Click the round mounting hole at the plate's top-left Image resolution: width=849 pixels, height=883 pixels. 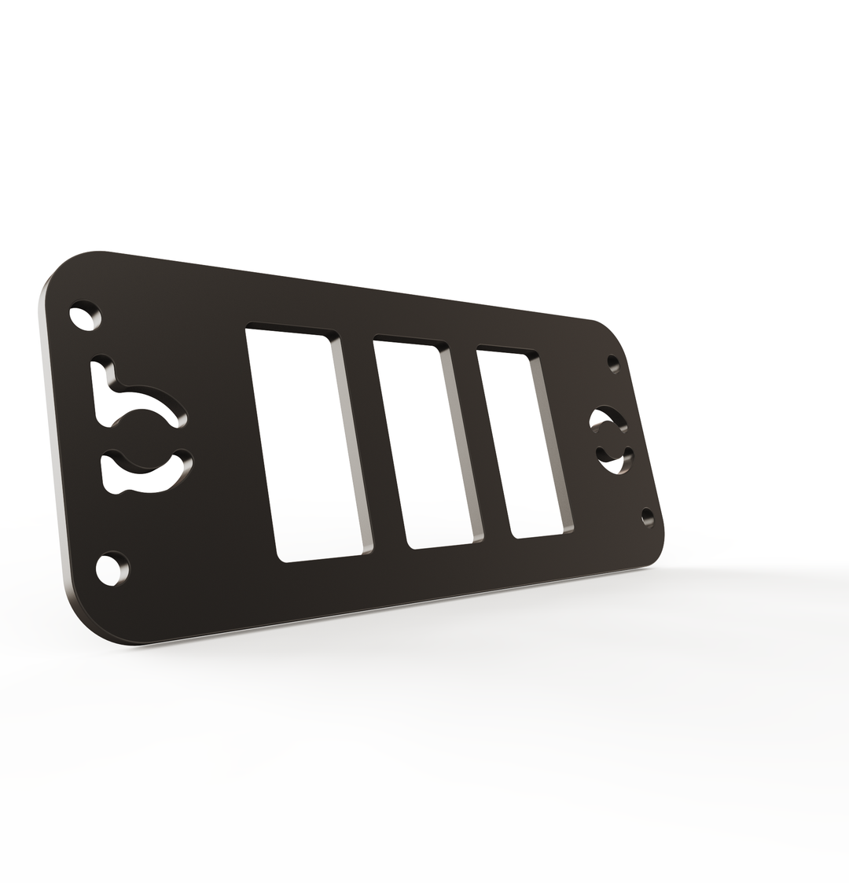click(x=85, y=315)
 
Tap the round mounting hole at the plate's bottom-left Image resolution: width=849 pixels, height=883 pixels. click(x=112, y=568)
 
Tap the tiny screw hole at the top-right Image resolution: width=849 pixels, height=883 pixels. click(x=613, y=363)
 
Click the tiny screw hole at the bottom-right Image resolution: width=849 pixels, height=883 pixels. click(x=647, y=517)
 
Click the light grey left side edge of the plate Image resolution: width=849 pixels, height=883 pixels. click(x=52, y=440)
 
